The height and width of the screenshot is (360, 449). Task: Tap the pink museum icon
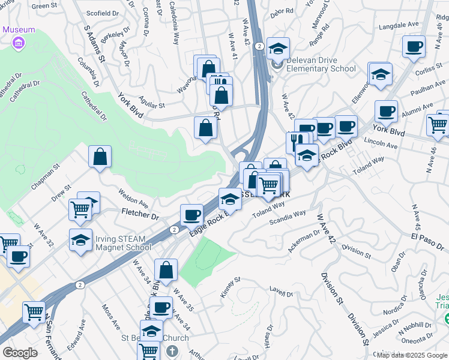coord(19,43)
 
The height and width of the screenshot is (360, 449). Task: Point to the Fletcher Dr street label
coord(140,213)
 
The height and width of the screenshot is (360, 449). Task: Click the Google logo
coord(20,352)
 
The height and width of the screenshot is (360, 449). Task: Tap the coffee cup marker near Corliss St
coord(414,46)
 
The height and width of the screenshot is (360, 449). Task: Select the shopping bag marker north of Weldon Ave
coord(100,156)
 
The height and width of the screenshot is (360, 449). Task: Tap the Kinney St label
coord(231,287)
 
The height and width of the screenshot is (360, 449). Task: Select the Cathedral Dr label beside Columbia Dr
coord(91,106)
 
